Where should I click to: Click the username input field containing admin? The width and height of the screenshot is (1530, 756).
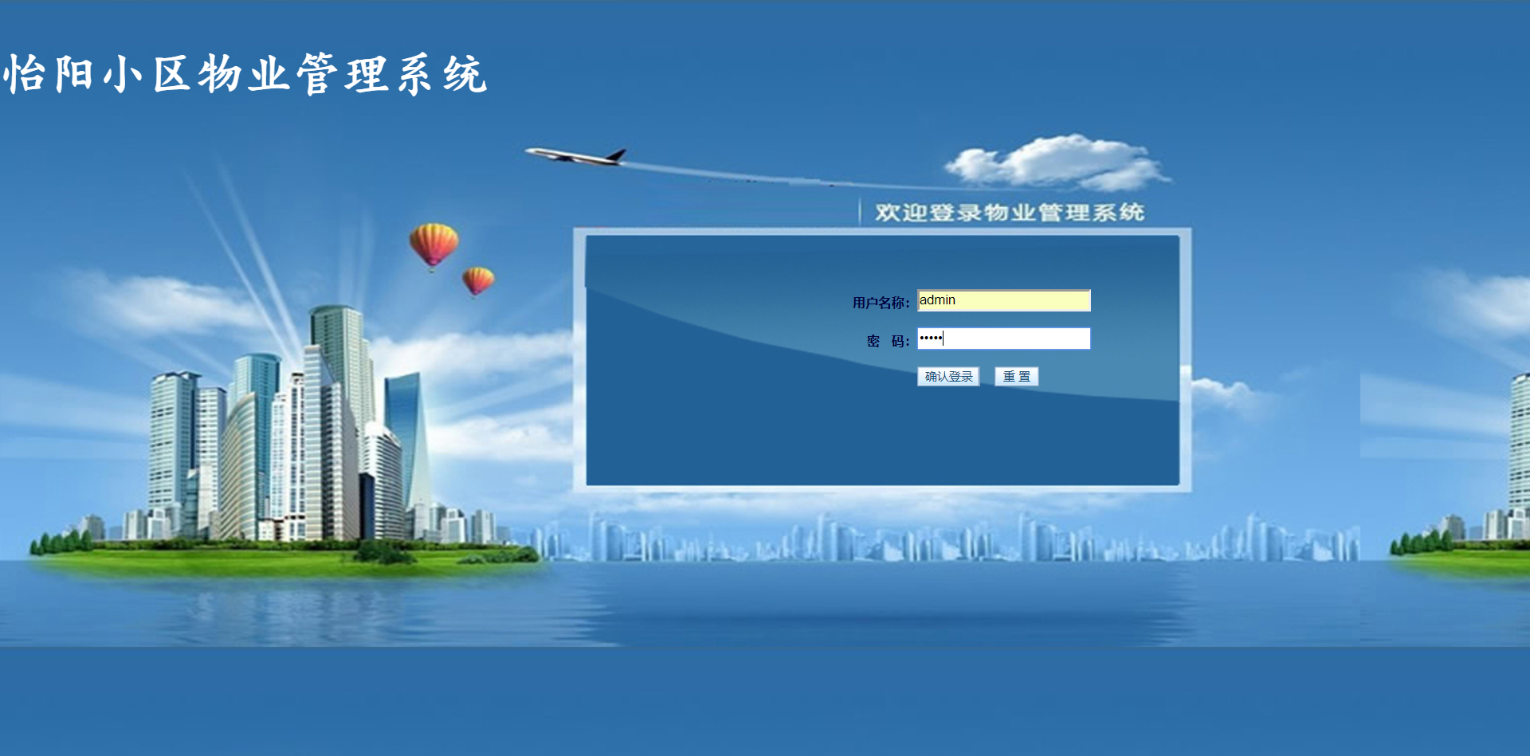pos(1003,300)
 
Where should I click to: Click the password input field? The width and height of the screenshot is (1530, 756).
pos(1003,339)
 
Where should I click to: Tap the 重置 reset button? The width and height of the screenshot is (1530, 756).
pos(1016,377)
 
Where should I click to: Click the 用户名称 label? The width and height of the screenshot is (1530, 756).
pos(881,303)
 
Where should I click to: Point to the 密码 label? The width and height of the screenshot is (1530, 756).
pos(888,341)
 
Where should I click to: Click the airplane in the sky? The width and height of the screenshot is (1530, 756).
pos(575,155)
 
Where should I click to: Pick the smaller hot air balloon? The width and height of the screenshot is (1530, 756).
pos(478,280)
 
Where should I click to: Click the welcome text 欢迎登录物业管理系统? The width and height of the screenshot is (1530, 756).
pos(1009,213)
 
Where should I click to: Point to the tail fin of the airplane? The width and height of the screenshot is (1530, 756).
pos(616,154)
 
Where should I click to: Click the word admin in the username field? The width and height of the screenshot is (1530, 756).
pos(937,300)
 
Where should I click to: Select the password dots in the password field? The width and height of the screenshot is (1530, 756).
pos(930,339)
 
